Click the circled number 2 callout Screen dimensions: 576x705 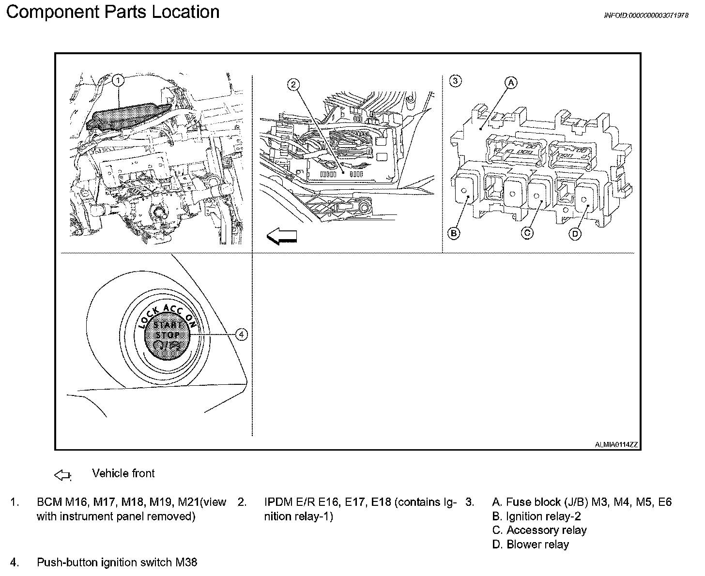pyautogui.click(x=293, y=85)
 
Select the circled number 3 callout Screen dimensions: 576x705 pyautogui.click(x=455, y=81)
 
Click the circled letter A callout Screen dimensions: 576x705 pyautogui.click(x=511, y=83)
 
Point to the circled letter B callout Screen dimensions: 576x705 pyautogui.click(x=454, y=233)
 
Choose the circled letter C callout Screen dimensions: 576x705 pyautogui.click(x=527, y=233)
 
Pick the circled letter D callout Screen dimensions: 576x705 pyautogui.click(x=575, y=234)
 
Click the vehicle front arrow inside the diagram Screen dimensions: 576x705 pyautogui.click(x=281, y=236)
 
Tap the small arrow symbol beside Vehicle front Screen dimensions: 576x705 pyautogui.click(x=62, y=475)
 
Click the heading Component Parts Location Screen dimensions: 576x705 pyautogui.click(x=113, y=12)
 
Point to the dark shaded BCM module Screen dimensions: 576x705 pyautogui.click(x=128, y=116)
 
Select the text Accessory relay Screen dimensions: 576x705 pyautogui.click(x=546, y=531)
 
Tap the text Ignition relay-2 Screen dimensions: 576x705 pyautogui.click(x=543, y=516)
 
